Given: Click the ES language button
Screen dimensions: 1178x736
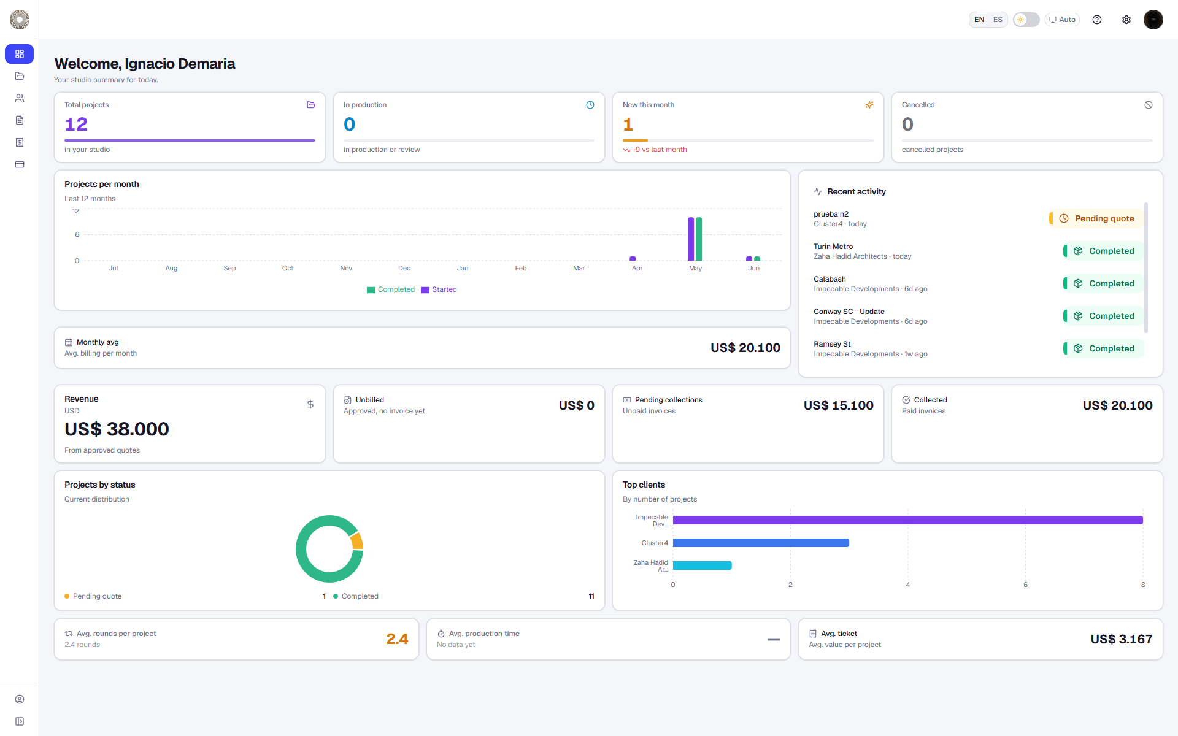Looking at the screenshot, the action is [x=998, y=20].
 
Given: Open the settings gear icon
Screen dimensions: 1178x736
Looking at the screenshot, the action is [x=1126, y=20].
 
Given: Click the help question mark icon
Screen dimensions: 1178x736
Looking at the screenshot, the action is [x=1097, y=20].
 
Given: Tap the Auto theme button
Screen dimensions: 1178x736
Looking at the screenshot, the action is [x=1062, y=20].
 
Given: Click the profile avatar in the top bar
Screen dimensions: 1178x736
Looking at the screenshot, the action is [x=1153, y=20].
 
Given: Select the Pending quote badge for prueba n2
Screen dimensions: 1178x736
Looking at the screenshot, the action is [x=1096, y=218].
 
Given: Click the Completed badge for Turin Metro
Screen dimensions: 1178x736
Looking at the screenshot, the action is [x=1104, y=251].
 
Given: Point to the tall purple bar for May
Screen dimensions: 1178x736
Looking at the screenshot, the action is [x=691, y=239].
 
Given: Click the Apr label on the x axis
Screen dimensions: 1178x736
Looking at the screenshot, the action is [x=637, y=268].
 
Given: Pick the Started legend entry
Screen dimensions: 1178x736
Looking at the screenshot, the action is [x=439, y=289].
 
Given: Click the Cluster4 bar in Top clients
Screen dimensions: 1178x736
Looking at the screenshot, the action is [x=761, y=543].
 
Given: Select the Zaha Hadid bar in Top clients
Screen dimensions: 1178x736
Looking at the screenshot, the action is [x=703, y=565].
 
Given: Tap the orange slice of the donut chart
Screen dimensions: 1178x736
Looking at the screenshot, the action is [x=357, y=541].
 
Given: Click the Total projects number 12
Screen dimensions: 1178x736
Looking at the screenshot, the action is [x=76, y=125].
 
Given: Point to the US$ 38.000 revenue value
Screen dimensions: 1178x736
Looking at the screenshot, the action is [x=117, y=429].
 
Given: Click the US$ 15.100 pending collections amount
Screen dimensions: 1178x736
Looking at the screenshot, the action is [x=838, y=405].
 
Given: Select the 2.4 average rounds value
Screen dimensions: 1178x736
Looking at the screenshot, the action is [x=397, y=639].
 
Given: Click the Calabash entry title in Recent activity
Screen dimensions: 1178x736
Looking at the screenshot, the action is [x=830, y=279].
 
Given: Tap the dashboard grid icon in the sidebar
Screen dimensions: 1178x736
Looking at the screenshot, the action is [x=20, y=54].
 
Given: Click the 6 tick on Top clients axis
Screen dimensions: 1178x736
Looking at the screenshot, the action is [x=1025, y=585].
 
